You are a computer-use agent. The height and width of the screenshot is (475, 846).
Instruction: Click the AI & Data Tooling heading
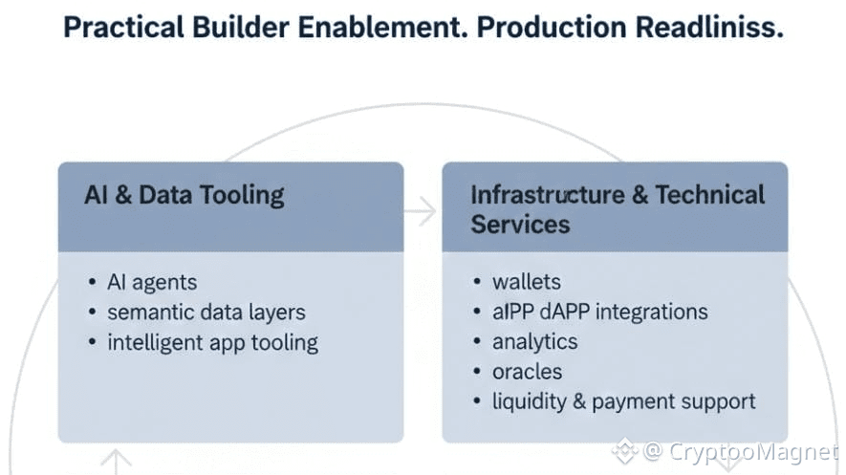[x=184, y=195]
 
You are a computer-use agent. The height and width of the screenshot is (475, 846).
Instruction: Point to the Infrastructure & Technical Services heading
[x=617, y=209]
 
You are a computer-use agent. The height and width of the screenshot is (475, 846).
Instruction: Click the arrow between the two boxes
[x=422, y=211]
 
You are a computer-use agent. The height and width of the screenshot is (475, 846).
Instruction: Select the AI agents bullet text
[x=152, y=282]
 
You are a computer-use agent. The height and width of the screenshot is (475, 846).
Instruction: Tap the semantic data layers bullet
[x=206, y=312]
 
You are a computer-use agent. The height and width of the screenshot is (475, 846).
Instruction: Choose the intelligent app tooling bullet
[x=212, y=341]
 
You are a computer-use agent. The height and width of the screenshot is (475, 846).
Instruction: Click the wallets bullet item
[x=526, y=282]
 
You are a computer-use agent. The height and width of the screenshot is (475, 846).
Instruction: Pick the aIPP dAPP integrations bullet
[x=599, y=312]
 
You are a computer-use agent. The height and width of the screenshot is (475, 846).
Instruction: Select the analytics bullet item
[x=534, y=341]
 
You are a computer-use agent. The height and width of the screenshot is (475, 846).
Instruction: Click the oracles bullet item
[x=527, y=371]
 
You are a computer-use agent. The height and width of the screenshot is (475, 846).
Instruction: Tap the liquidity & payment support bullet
[x=623, y=400]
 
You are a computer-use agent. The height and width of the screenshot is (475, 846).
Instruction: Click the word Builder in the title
[x=247, y=27]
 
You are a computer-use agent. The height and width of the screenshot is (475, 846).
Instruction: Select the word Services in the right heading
[x=520, y=225]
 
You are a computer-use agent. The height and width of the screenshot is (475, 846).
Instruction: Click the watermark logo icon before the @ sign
[x=625, y=449]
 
